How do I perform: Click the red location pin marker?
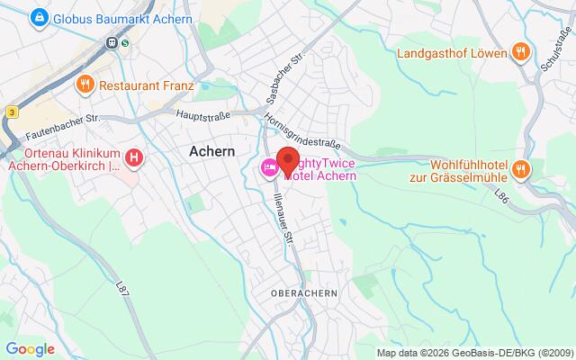coord(288,158)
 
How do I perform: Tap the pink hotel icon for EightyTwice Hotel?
coord(269,168)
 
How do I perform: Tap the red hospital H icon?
coord(134,159)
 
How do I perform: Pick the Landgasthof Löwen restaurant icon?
coord(518,52)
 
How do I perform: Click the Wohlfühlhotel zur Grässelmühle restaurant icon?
coord(520,167)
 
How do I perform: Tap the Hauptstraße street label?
coord(202,115)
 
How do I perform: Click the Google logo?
coord(30,349)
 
